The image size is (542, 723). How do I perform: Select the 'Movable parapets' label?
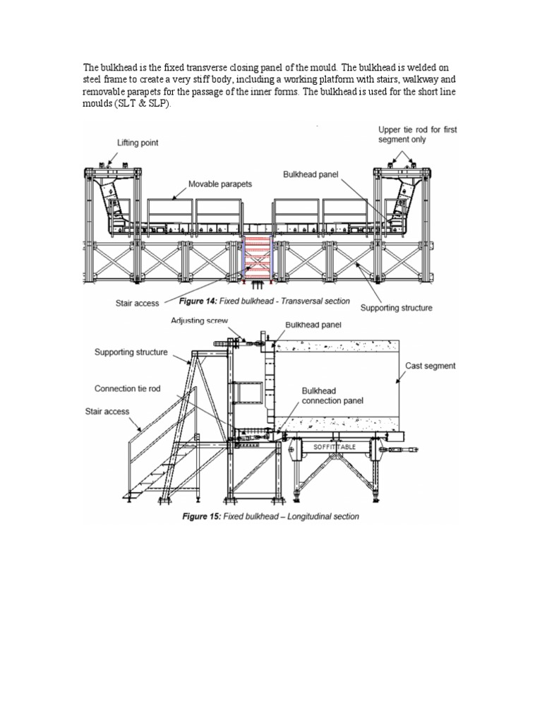click(x=219, y=185)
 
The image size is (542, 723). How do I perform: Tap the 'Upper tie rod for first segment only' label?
click(x=413, y=135)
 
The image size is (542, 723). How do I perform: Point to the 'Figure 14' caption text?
click(x=265, y=301)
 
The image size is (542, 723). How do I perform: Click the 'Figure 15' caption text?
click(x=270, y=516)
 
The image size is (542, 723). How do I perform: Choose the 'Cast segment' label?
click(x=430, y=366)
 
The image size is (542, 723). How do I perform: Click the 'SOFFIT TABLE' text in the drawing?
click(x=326, y=448)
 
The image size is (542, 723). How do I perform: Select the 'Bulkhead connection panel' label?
click(x=332, y=395)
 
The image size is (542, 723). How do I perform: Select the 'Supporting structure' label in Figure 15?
click(x=131, y=352)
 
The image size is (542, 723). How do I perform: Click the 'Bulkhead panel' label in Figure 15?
click(x=313, y=325)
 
